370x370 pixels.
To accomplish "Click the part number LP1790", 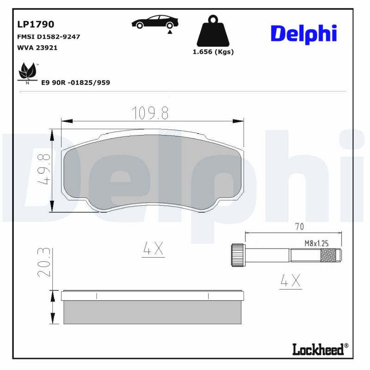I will [36, 24].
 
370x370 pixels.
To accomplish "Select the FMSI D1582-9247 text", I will [48, 37].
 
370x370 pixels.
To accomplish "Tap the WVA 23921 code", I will [37, 48].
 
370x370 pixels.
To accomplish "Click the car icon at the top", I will [155, 23].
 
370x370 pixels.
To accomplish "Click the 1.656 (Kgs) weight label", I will [213, 52].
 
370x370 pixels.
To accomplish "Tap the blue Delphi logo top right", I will [303, 34].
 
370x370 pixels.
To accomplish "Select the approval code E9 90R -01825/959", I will [75, 82].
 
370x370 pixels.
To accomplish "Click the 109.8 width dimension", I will [150, 112].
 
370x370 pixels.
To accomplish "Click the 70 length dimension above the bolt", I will [299, 227].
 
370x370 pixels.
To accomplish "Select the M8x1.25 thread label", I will [316, 243].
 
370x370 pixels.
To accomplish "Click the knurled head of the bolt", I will [237, 255].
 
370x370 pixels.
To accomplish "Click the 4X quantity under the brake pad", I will [153, 249].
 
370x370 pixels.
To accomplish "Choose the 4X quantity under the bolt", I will [290, 280].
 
